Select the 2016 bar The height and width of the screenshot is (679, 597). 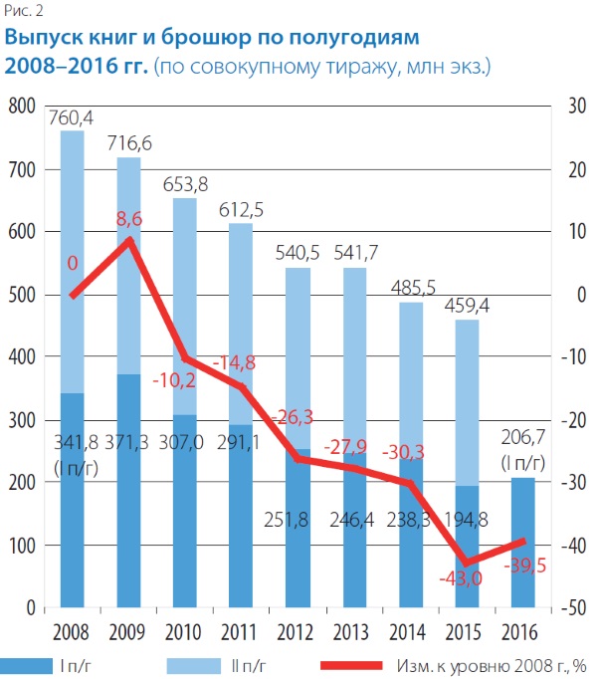pos(523,543)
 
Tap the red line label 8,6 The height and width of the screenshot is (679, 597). pos(128,217)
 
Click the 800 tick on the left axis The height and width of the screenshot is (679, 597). pos(21,107)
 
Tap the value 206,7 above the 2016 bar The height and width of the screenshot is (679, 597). pos(523,439)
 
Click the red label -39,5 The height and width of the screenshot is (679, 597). pos(523,566)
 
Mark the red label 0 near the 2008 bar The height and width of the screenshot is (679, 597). pos(72,263)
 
